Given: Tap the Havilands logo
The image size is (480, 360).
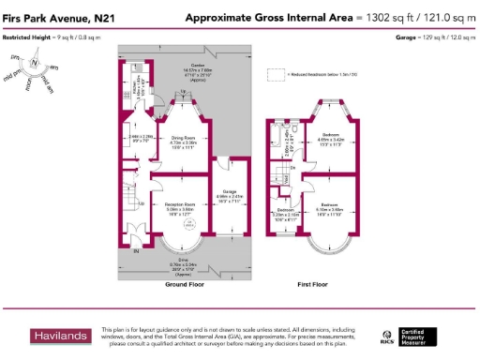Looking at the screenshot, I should [x=62, y=336].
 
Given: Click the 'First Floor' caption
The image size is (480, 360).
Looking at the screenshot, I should [x=318, y=283].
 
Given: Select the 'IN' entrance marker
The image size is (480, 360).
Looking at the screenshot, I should [x=137, y=252].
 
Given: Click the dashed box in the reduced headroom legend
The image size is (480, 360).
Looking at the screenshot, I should [x=275, y=73].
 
